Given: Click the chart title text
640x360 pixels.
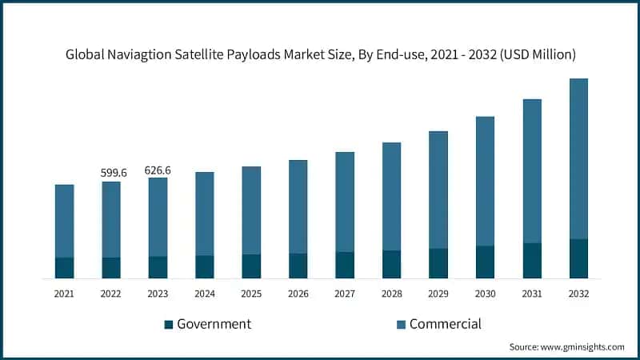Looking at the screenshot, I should [320, 54].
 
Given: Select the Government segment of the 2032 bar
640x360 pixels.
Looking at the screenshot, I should [578, 258].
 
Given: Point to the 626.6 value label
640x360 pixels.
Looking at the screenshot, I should [158, 170].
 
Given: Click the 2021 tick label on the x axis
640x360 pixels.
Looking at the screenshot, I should [65, 294].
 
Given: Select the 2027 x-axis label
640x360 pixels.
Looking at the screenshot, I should [345, 294].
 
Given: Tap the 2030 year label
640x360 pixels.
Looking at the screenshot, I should [485, 294].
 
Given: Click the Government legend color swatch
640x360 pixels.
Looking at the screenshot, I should [168, 324].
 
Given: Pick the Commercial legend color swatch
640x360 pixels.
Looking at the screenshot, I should [401, 324].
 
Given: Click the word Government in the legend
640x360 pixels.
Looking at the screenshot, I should [214, 324].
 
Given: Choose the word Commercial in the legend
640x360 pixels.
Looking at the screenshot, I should [446, 324].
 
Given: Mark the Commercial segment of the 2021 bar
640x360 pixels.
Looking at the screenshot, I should [65, 221].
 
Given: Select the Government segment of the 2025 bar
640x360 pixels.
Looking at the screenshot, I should [251, 266].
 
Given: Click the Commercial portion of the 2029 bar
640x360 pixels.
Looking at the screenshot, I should [438, 190].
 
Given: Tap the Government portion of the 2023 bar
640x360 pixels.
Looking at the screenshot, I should [158, 267].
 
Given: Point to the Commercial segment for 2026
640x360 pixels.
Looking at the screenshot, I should [298, 206].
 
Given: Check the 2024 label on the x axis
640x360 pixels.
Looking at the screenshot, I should [205, 294].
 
